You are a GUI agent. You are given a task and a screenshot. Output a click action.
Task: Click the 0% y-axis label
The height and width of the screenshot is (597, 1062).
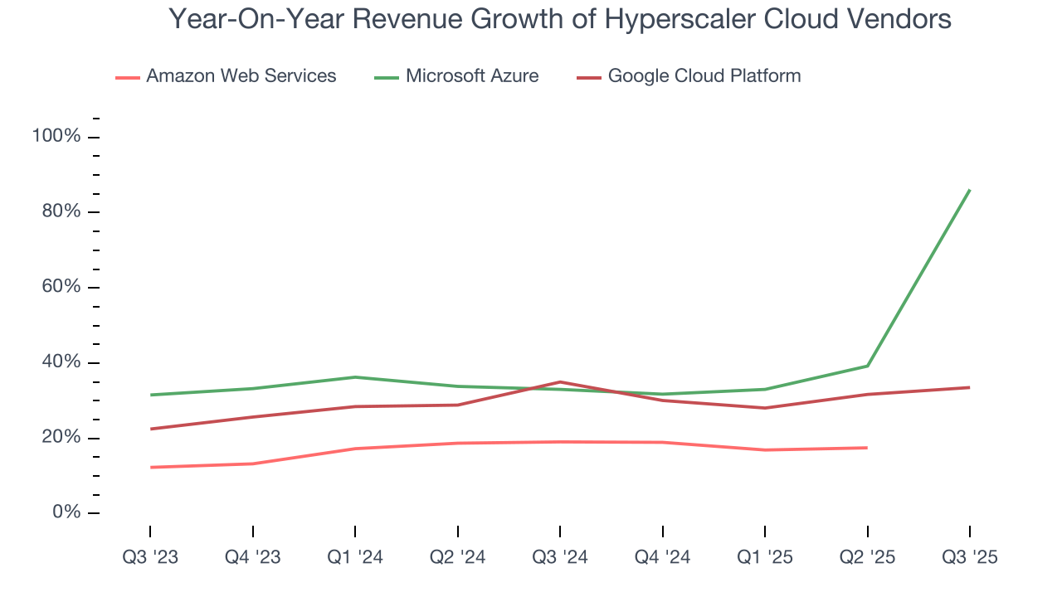pyautogui.click(x=64, y=512)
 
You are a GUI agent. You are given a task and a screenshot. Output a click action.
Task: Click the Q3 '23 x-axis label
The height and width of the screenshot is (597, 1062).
pyautogui.click(x=150, y=558)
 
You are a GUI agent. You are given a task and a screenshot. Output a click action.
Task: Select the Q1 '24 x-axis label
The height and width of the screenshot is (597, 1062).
pyautogui.click(x=355, y=558)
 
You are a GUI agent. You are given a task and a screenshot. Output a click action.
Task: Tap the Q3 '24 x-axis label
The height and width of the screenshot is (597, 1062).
pyautogui.click(x=560, y=558)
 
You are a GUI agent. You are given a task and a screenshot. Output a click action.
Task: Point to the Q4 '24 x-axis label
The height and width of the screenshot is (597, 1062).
pyautogui.click(x=662, y=558)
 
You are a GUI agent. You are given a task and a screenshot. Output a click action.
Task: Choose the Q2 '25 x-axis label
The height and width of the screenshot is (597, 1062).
pyautogui.click(x=867, y=558)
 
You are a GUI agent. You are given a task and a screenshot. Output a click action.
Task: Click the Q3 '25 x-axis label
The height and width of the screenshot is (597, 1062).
pyautogui.click(x=969, y=558)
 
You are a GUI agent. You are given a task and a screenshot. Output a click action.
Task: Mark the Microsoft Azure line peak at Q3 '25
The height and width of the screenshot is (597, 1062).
pyautogui.click(x=969, y=190)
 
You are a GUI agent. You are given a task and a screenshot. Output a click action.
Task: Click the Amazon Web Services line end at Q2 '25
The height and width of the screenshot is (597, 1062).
pyautogui.click(x=867, y=448)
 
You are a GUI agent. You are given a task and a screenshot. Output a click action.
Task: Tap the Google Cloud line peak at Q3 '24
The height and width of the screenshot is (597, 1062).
pyautogui.click(x=560, y=382)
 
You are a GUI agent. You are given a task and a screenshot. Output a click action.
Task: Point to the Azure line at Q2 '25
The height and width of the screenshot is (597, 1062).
pyautogui.click(x=867, y=366)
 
